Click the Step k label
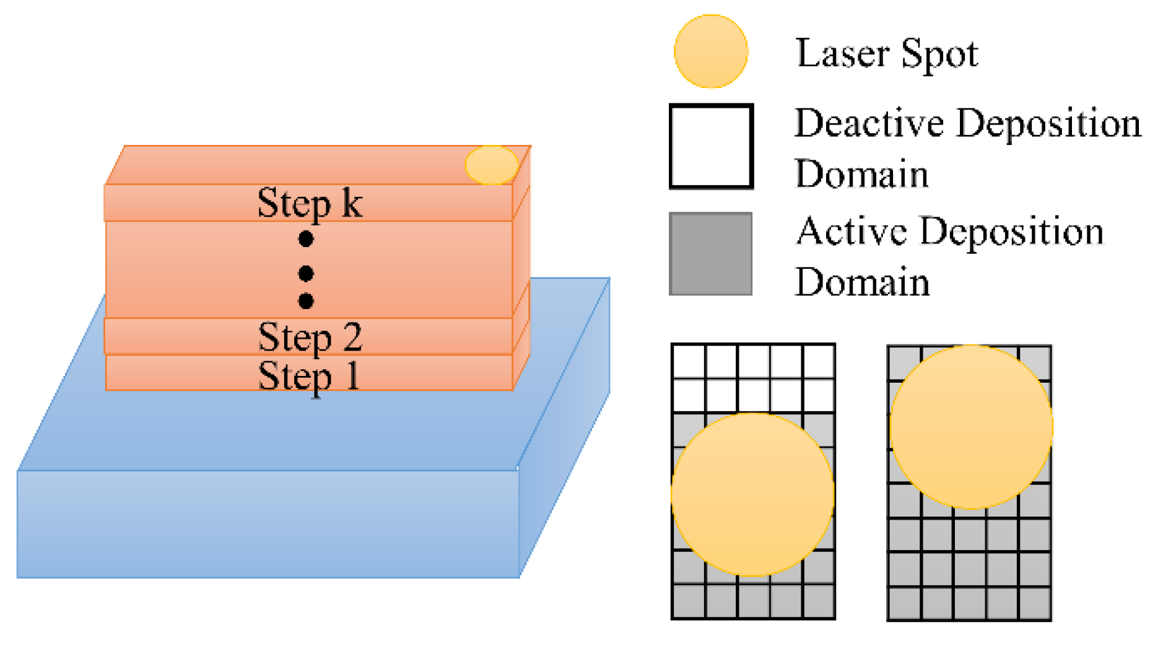click(310, 204)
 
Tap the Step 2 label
click(310, 337)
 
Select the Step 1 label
click(308, 375)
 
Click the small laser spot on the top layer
click(492, 165)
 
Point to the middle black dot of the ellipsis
click(306, 273)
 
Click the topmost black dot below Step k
click(306, 238)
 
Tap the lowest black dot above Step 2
click(306, 301)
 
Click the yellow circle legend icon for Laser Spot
click(711, 51)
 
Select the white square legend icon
click(711, 146)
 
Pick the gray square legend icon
click(711, 254)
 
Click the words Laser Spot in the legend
click(887, 53)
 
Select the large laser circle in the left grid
click(752, 494)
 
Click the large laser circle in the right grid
click(970, 427)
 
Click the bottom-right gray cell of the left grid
click(818, 600)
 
